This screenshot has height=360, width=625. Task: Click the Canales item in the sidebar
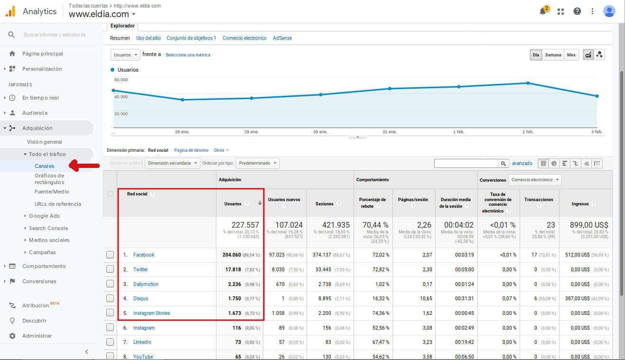[x=45, y=166]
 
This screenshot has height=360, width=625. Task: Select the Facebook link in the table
[x=144, y=255]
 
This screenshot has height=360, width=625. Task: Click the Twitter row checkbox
[x=110, y=269]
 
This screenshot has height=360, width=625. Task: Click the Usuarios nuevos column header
[x=284, y=200]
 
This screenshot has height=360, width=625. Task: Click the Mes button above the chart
[x=571, y=55]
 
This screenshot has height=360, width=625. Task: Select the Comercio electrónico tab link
[x=244, y=38]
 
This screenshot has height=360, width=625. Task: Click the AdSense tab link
[x=282, y=38]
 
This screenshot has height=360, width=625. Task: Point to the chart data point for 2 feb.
[x=528, y=83]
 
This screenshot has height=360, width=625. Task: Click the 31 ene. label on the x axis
[x=390, y=132]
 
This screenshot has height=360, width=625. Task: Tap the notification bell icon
[x=543, y=11]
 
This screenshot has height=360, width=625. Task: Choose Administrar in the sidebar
[x=37, y=336]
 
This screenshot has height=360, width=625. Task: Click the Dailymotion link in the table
[x=146, y=284]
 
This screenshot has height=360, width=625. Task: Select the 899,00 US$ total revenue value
[x=589, y=225]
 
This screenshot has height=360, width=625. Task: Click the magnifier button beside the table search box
[x=503, y=163]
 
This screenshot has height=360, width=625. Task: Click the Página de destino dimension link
[x=191, y=150]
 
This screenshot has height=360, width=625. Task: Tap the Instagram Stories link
[x=151, y=313]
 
